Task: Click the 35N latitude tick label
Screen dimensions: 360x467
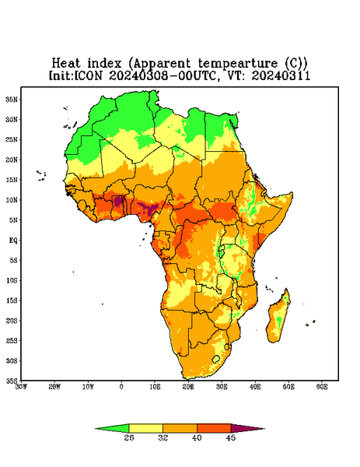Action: [x=12, y=99]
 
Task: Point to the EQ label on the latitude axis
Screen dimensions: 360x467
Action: [x=12, y=240]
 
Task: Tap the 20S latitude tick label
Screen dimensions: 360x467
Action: [x=12, y=321]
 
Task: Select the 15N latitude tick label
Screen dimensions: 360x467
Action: [x=12, y=180]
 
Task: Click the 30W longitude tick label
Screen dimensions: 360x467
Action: [x=22, y=387]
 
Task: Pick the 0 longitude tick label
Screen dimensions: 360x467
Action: [x=121, y=387]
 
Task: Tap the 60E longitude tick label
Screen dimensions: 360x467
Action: [x=322, y=387]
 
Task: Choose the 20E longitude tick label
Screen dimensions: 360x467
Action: [x=188, y=387]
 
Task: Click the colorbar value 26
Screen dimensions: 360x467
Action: [x=129, y=437]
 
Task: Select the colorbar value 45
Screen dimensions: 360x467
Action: [x=231, y=437]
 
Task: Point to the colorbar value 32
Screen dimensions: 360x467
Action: [x=163, y=437]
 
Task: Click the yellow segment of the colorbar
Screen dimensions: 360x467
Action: [x=145, y=428]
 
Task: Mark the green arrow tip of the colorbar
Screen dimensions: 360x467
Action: [x=96, y=429]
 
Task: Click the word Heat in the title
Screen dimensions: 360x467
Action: [x=66, y=64]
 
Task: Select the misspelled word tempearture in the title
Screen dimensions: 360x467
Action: [x=238, y=64]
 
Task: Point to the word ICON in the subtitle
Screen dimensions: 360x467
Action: [x=88, y=75]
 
